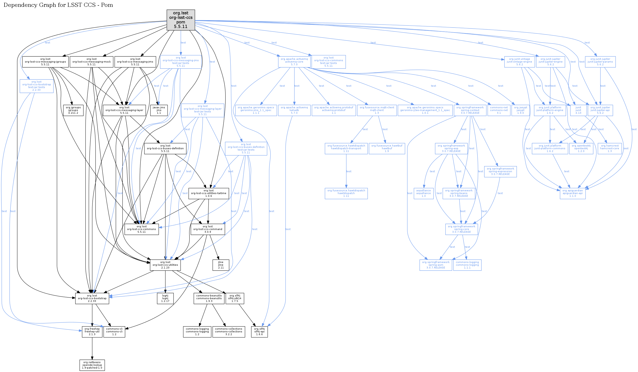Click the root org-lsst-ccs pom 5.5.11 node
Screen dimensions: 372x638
181,20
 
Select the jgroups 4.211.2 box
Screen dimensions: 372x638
73,110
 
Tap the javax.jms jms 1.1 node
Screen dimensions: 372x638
159,110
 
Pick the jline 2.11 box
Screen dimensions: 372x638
221,265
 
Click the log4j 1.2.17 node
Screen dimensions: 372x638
165,298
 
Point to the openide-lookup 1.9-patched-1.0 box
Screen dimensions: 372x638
92,365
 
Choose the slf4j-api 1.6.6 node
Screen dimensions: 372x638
259,332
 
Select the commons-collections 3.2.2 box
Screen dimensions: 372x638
229,332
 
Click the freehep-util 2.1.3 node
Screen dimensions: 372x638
92,332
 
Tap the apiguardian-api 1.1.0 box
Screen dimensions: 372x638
572,193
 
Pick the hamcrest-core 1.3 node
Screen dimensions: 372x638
609,149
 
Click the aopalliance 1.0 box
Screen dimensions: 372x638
423,193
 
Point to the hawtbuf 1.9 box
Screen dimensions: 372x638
387,149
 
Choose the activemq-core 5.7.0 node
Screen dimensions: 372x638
294,62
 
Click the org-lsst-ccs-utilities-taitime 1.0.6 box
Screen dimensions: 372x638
209,193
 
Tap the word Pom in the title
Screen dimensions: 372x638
107,5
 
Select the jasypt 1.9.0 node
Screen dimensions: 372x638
521,110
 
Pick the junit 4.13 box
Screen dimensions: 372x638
578,110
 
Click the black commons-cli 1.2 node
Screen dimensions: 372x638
114,332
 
